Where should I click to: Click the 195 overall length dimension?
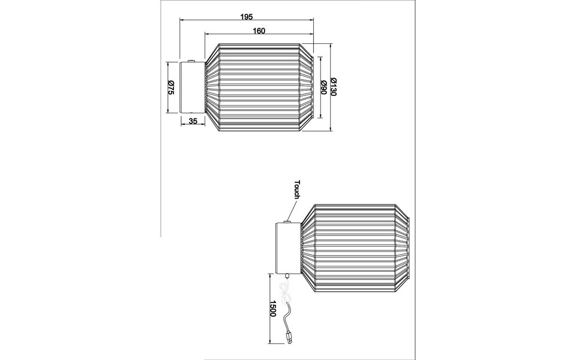click(x=245, y=17)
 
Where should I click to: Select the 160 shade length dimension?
click(x=259, y=31)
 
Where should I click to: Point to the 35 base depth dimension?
click(x=193, y=121)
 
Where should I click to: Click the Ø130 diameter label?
click(x=334, y=88)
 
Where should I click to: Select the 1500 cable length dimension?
click(x=272, y=308)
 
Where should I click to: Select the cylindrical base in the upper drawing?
click(x=192, y=87)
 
